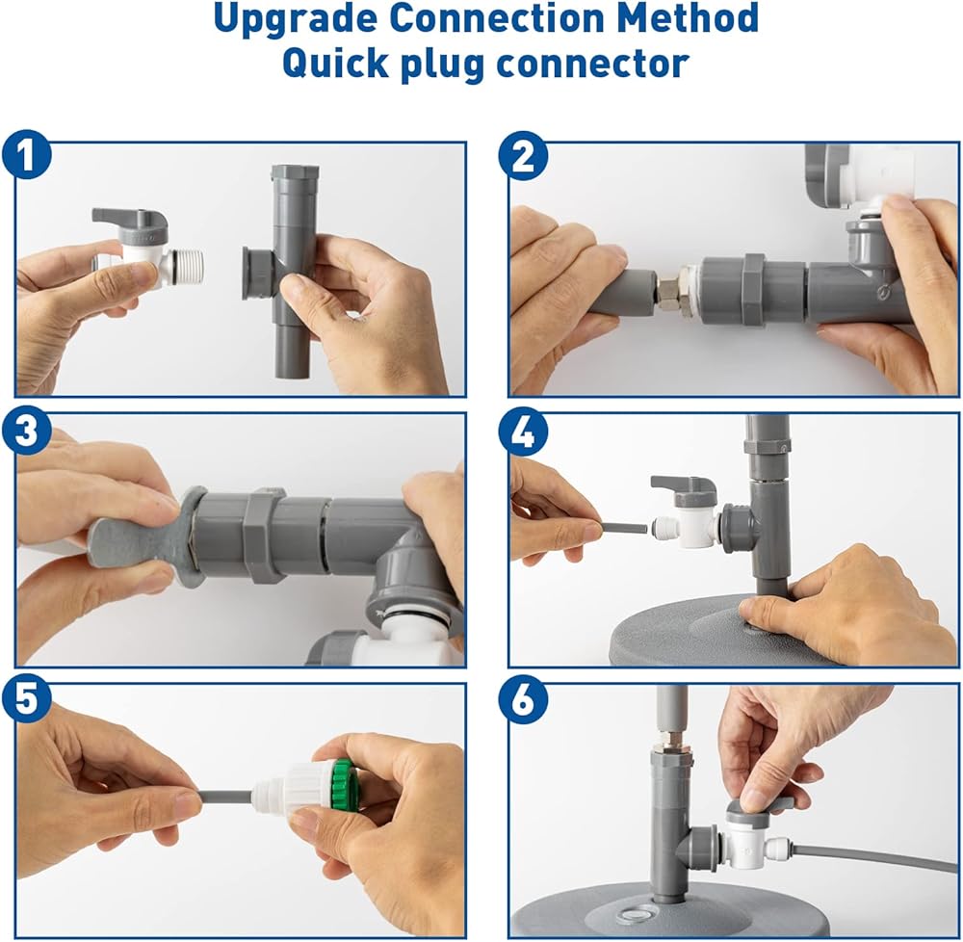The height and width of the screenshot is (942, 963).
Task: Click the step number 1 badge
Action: [x=26, y=155]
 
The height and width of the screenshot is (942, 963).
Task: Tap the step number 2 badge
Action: [x=523, y=155]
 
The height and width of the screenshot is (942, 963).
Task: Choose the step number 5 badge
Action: [x=26, y=698]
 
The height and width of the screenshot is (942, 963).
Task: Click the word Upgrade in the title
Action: [x=295, y=18]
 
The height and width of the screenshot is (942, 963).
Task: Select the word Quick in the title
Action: [x=335, y=64]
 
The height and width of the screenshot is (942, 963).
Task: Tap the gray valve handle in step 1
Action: [x=130, y=222]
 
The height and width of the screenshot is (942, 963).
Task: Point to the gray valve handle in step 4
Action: [x=684, y=485]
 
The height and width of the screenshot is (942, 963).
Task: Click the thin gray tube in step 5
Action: [x=226, y=798]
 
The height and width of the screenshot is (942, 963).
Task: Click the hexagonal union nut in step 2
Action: [x=754, y=290]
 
